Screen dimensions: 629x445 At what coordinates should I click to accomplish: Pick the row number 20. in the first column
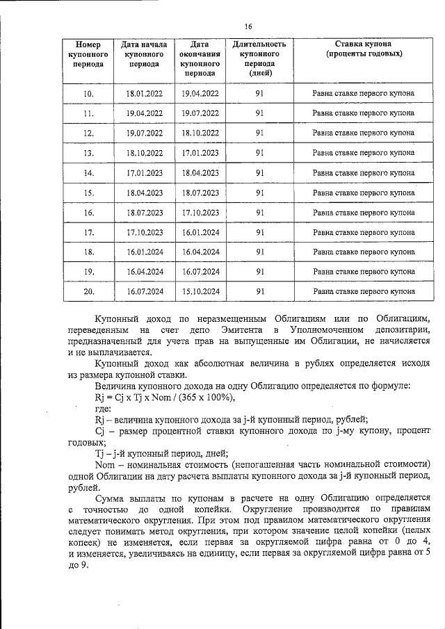click(88, 292)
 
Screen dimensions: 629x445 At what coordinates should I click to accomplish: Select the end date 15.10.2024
click(200, 292)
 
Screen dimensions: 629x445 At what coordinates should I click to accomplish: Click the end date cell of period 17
click(200, 232)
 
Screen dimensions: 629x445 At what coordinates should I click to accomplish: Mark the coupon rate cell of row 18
click(364, 252)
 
